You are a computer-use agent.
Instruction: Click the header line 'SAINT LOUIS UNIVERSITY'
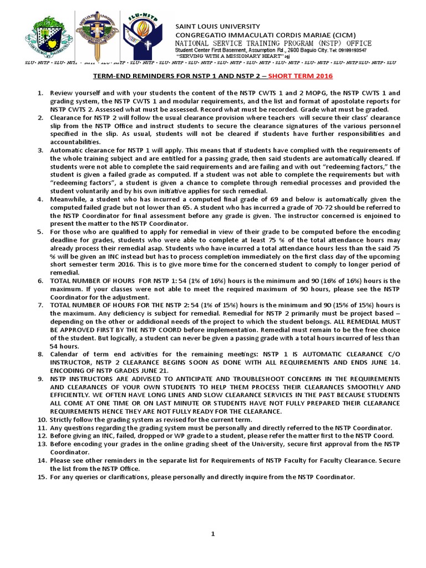[217, 26]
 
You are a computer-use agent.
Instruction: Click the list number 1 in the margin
[40, 93]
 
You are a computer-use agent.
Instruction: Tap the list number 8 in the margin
[40, 354]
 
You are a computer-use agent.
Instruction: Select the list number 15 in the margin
[42, 477]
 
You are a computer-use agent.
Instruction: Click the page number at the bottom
[212, 534]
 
